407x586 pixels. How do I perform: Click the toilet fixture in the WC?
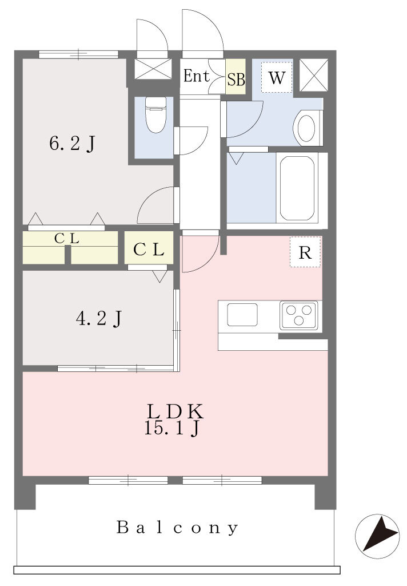coord(155,114)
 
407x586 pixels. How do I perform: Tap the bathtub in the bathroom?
coord(297,188)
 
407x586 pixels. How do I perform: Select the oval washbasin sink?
coord(306,128)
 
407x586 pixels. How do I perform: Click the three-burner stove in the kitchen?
coord(299,315)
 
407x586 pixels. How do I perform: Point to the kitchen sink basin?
coord(242,315)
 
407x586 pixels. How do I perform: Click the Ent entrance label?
coord(197,77)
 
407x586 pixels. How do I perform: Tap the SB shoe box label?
coord(236,80)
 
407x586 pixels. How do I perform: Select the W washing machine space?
coord(277,78)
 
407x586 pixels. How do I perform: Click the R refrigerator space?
coord(305,252)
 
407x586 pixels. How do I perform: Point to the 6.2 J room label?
coord(73,144)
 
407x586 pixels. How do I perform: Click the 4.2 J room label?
coord(98,319)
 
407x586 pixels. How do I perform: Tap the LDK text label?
coord(175,411)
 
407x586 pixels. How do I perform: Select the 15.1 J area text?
coord(172,428)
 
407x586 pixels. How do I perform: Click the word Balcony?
coord(177,528)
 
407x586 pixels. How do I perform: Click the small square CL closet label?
coord(149,250)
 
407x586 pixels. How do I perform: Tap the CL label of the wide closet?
coord(67,239)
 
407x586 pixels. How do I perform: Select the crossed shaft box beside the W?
coord(314,75)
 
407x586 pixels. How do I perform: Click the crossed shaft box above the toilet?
coord(153,69)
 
